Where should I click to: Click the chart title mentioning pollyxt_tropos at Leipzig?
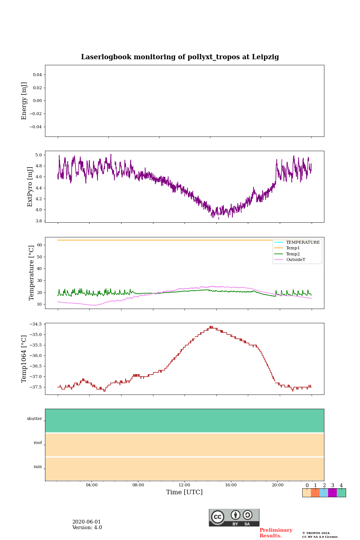click(180, 57)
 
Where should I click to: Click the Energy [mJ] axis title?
click(24, 101)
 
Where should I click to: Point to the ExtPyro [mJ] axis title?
click(30, 187)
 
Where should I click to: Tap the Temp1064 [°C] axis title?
click(24, 359)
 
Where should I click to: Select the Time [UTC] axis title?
click(184, 492)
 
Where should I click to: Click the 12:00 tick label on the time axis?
click(184, 485)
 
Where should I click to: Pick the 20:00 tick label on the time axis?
click(277, 485)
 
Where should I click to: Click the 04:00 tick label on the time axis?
click(91, 485)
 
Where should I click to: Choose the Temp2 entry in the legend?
click(293, 254)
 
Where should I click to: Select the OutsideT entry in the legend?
click(295, 259)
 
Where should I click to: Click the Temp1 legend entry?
click(293, 248)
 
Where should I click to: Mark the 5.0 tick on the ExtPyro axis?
click(39, 155)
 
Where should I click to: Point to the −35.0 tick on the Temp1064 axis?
click(36, 334)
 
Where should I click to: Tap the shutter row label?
click(34, 419)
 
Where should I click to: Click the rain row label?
click(38, 467)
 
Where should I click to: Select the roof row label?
click(38, 443)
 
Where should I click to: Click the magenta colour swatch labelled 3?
click(332, 493)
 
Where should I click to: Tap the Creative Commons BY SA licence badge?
click(234, 517)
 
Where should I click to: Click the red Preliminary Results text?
click(276, 533)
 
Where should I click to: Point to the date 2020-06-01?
click(87, 522)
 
